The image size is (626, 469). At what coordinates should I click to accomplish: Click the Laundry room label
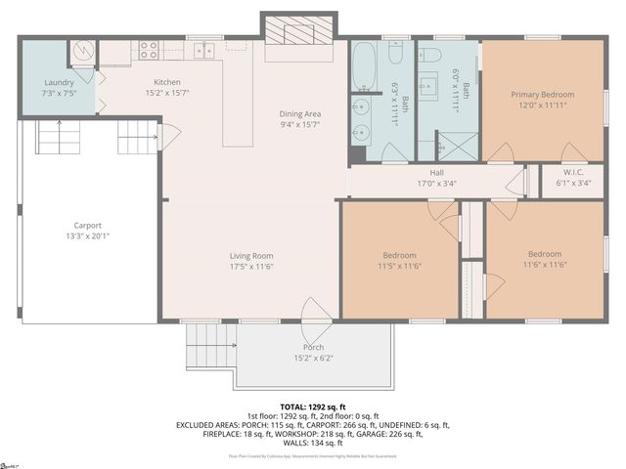[x=58, y=82]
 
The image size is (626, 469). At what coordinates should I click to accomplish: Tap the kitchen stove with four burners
[x=149, y=49]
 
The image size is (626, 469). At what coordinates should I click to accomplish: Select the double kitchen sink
[x=202, y=49]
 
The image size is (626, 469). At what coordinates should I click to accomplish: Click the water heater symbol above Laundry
[x=82, y=50]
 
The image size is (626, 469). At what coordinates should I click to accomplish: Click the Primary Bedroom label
[x=542, y=95]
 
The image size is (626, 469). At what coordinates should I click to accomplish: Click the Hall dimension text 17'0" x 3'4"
[x=436, y=183]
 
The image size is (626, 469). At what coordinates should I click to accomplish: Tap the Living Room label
[x=250, y=256]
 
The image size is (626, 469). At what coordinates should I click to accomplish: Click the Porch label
[x=313, y=348]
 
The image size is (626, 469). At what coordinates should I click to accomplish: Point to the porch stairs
[x=209, y=344]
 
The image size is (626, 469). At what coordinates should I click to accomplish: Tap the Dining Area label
[x=300, y=113]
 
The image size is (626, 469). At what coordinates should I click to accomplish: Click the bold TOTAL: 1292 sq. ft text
[x=313, y=405]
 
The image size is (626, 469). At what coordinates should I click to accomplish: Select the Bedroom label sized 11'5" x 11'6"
[x=398, y=256]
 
